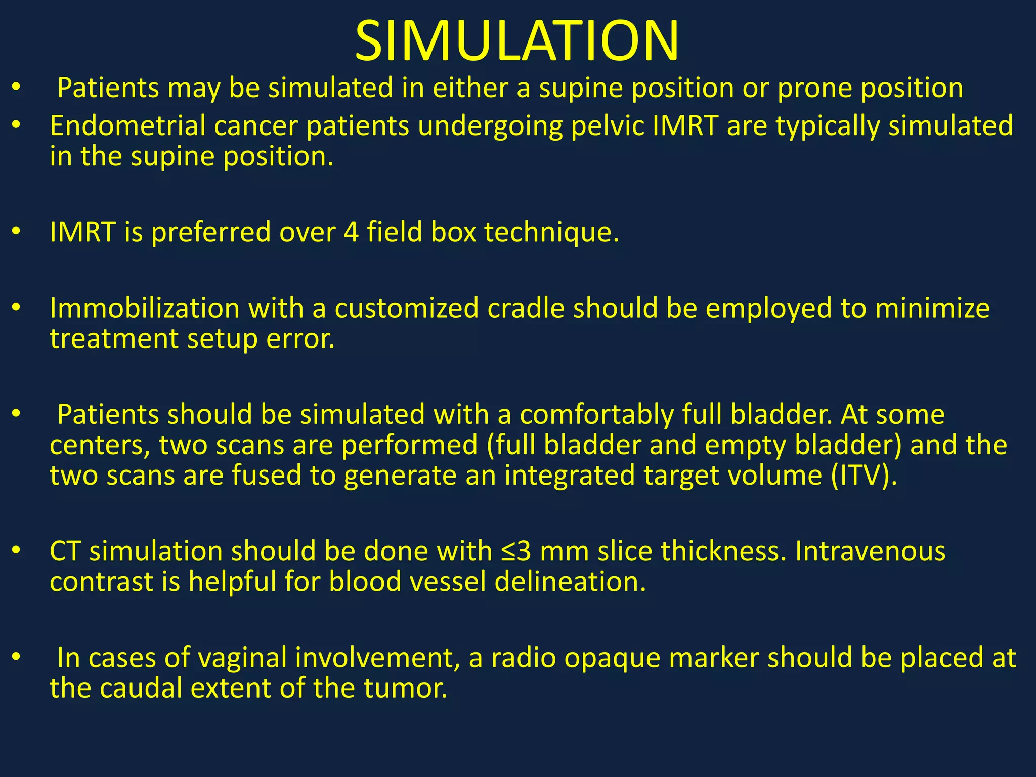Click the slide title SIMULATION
pyautogui.click(x=517, y=40)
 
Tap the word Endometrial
pyautogui.click(x=127, y=126)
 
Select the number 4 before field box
pyautogui.click(x=351, y=232)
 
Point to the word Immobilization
pyautogui.click(x=144, y=309)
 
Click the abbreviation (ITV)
pyautogui.click(x=864, y=476)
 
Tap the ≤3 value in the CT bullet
pyautogui.click(x=516, y=551)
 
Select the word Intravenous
pyautogui.click(x=870, y=551)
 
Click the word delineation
pyautogui.click(x=570, y=582)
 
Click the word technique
pyautogui.click(x=551, y=232)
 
